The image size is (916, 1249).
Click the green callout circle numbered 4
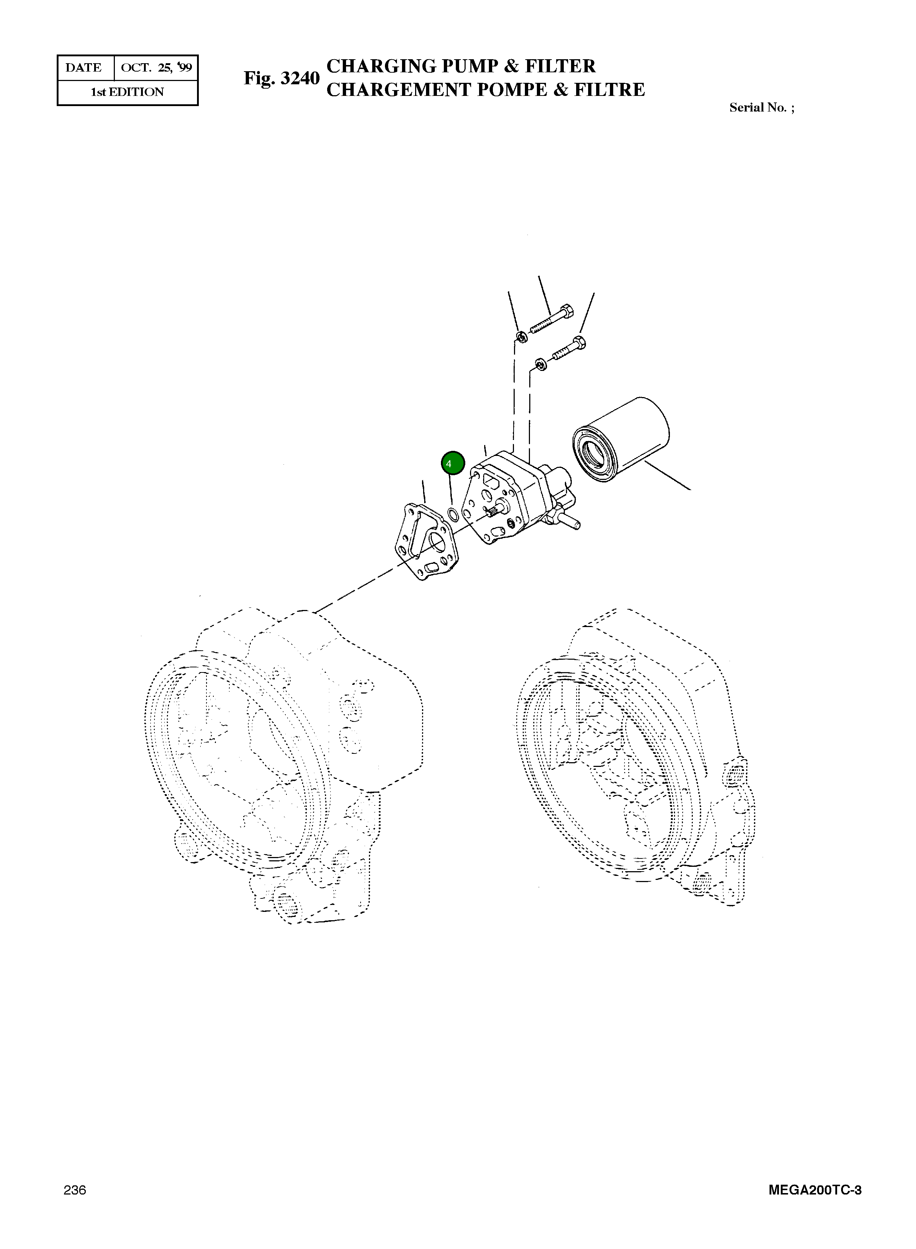coord(453,463)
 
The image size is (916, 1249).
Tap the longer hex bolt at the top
coord(552,320)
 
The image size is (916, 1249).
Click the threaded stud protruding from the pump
coord(571,521)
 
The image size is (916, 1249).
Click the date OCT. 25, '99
coord(156,68)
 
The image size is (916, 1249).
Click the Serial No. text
coord(761,108)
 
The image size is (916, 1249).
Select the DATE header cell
coord(84,68)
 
